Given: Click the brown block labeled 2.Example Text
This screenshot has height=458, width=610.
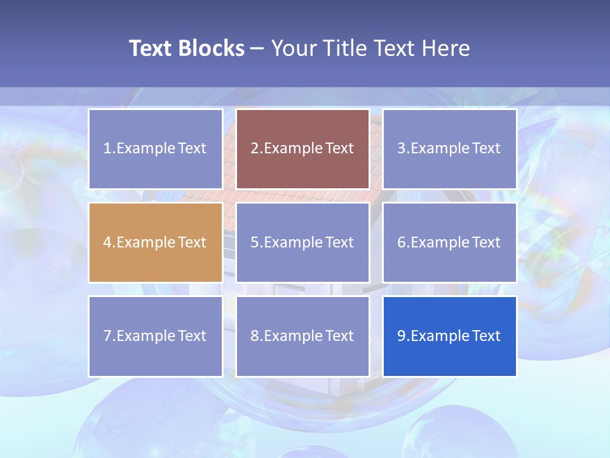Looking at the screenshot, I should pos(302,149).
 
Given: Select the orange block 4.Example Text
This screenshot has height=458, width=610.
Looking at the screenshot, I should pos(156,242).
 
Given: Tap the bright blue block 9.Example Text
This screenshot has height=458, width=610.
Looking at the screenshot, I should pos(449,336).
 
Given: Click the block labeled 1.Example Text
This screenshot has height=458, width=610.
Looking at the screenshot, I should pos(156,149).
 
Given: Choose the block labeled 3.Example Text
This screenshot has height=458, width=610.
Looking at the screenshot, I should pos(449,149).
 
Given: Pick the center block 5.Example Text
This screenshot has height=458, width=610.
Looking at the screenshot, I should pos(302,242).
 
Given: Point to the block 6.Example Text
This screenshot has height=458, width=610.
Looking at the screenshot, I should pos(449,242).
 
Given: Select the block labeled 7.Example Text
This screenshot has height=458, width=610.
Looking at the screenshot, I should pos(156,336).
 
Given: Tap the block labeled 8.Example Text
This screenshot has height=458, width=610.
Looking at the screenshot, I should pos(302,336).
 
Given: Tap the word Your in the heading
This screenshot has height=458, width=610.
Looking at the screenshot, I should pos(295,48).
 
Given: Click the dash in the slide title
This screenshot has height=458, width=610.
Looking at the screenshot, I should pos(257,48).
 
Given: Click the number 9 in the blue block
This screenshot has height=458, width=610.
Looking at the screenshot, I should pos(402,336).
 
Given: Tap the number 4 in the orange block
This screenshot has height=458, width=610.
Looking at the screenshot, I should pos(107,242).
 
